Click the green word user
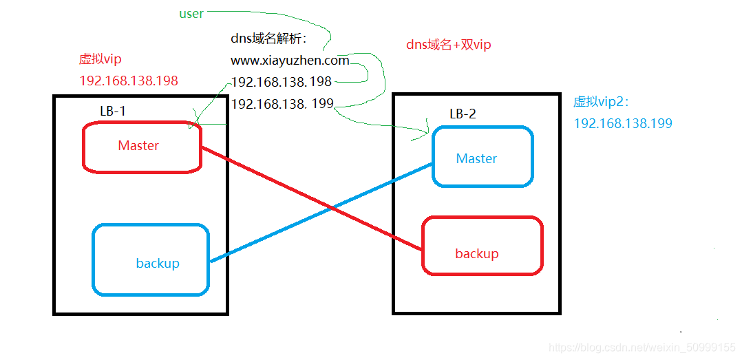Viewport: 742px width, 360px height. (191, 14)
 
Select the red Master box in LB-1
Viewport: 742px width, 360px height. (142, 147)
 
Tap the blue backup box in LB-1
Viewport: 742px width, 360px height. (151, 260)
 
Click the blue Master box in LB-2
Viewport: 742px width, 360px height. (483, 157)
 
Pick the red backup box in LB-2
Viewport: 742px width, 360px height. (483, 246)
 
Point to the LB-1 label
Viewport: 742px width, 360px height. (113, 111)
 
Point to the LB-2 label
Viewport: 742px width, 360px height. (463, 114)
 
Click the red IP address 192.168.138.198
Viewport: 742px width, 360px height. (129, 81)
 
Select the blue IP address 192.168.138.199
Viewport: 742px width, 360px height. (622, 124)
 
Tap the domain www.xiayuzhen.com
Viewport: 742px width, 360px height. (290, 61)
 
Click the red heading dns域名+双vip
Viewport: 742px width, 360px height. (449, 45)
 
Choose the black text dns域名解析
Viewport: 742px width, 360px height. (272, 40)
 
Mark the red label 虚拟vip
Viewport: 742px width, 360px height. (100, 60)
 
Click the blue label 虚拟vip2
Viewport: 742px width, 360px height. (601, 102)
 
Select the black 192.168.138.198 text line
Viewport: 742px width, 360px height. (282, 82)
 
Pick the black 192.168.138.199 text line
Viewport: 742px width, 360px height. (282, 104)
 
